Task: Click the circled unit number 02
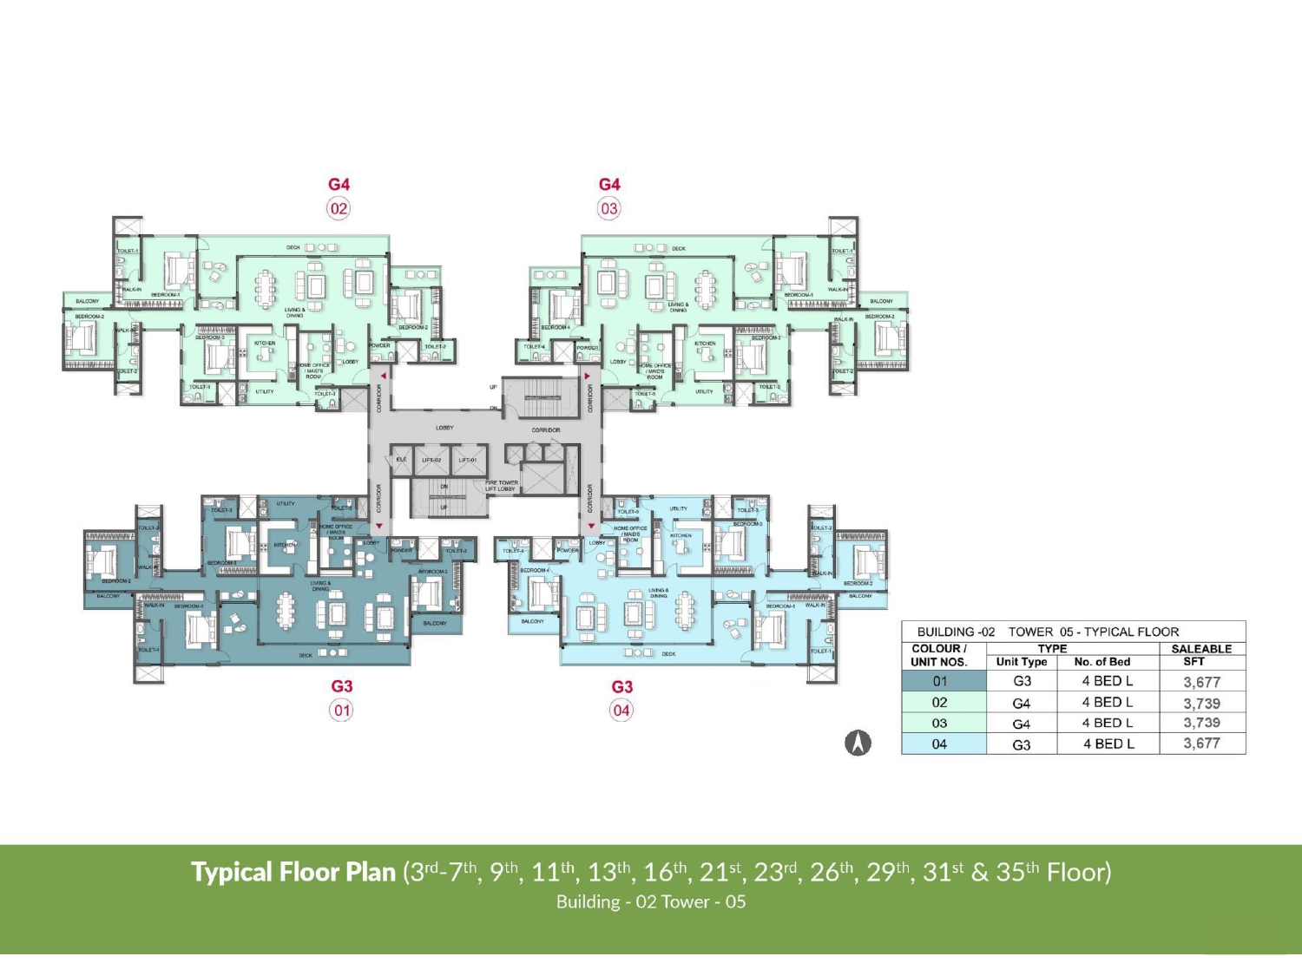pyautogui.click(x=339, y=208)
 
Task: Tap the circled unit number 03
pyautogui.click(x=609, y=208)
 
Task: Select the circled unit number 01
pyautogui.click(x=342, y=711)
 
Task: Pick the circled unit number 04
pyautogui.click(x=621, y=711)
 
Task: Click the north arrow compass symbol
pyautogui.click(x=858, y=743)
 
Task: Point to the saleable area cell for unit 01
pyautogui.click(x=1202, y=682)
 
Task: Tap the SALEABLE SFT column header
pyautogui.click(x=1201, y=655)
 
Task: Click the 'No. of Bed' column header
pyautogui.click(x=1102, y=662)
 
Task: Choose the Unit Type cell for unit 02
pyautogui.click(x=1022, y=703)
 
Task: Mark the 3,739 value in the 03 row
pyautogui.click(x=1202, y=723)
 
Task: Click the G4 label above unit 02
pyautogui.click(x=339, y=184)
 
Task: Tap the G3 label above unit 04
pyautogui.click(x=622, y=686)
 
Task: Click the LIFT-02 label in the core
pyautogui.click(x=431, y=460)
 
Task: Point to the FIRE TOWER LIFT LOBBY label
pyautogui.click(x=502, y=486)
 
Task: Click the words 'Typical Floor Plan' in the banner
pyautogui.click(x=293, y=872)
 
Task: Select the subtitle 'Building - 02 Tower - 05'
pyautogui.click(x=651, y=901)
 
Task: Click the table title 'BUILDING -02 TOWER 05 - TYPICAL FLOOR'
pyautogui.click(x=1048, y=632)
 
